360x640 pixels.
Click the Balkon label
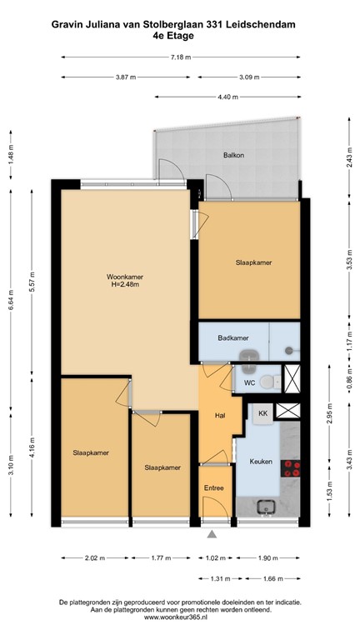(x=232, y=156)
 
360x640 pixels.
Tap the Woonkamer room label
(x=122, y=277)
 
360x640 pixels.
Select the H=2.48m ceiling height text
(x=122, y=285)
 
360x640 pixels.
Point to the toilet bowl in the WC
(x=266, y=382)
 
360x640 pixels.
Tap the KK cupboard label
(x=262, y=413)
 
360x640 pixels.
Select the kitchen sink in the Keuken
(x=268, y=505)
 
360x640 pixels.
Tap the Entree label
(x=213, y=490)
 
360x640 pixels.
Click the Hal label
(x=220, y=414)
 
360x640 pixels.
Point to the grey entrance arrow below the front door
(x=213, y=535)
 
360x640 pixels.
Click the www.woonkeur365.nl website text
(x=180, y=617)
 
